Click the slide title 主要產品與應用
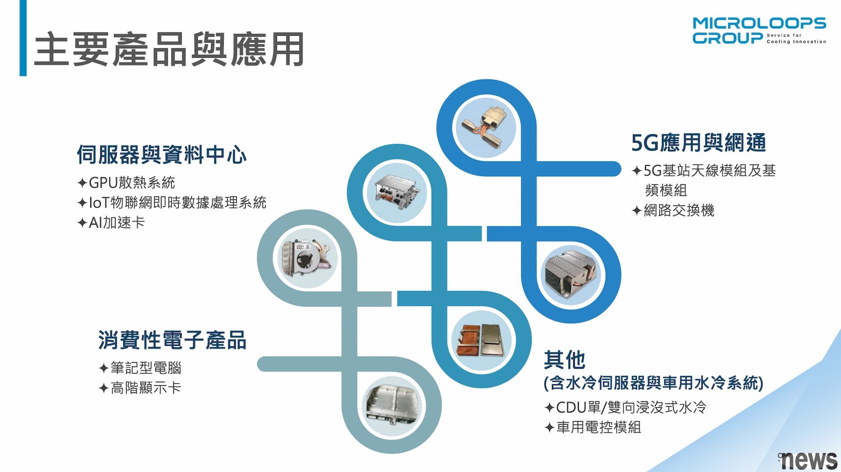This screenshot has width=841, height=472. (x=169, y=49)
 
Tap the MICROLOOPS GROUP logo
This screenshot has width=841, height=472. (x=759, y=31)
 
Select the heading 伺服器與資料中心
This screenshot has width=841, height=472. (x=161, y=155)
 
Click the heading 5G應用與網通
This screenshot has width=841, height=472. (x=698, y=143)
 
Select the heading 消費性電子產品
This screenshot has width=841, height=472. (x=172, y=340)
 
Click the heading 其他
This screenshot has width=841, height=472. (x=565, y=360)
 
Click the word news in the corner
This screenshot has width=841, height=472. (x=808, y=459)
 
